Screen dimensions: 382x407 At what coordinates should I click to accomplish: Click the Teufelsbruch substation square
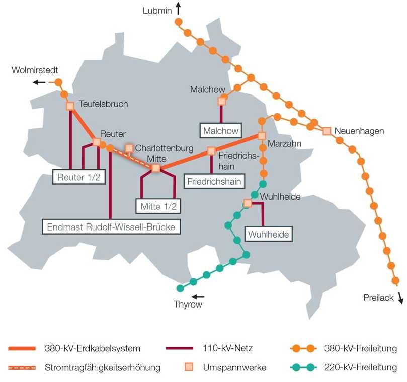coord(70,106)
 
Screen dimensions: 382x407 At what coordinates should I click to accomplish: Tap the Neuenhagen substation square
coord(327,131)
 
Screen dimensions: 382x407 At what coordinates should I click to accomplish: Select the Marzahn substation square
coord(261,136)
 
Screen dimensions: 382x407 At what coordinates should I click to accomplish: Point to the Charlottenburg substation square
coord(129,148)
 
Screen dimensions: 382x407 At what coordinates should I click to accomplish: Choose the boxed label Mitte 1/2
coord(158,206)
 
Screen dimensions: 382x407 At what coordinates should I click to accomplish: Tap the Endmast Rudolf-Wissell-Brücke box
coord(111,227)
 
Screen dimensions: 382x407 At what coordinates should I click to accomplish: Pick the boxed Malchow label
coord(220,130)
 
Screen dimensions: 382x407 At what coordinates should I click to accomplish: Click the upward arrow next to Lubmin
coord(178,8)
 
